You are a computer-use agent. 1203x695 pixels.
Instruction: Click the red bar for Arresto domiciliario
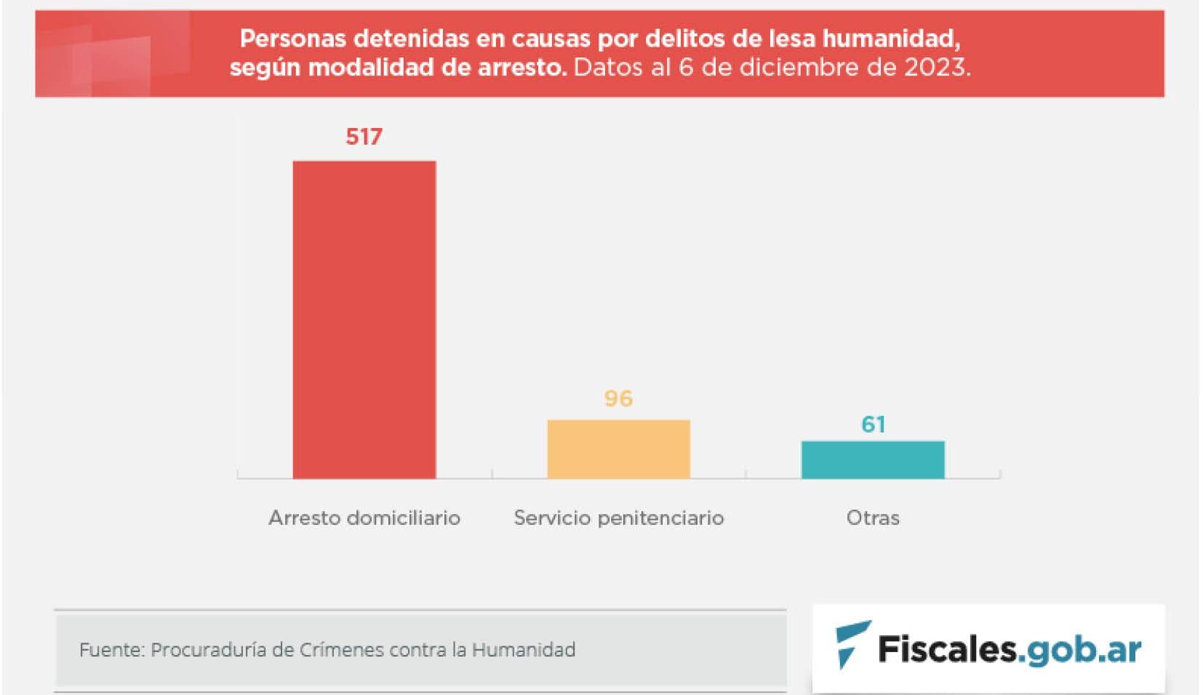364,320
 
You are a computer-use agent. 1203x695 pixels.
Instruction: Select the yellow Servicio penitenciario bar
618,449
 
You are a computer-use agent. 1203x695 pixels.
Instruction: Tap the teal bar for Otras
873,459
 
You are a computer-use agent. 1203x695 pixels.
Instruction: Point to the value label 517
364,137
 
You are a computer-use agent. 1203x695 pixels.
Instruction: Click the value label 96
618,398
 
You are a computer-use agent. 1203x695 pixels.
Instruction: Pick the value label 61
873,424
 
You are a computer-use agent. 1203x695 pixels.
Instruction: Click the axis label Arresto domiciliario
364,518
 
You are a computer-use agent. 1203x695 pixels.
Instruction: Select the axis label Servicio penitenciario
618,518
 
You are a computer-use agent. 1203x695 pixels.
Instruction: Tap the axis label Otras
873,518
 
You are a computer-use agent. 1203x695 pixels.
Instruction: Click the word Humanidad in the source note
523,649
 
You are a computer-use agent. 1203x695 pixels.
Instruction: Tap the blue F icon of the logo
851,643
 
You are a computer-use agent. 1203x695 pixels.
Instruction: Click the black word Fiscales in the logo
946,648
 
